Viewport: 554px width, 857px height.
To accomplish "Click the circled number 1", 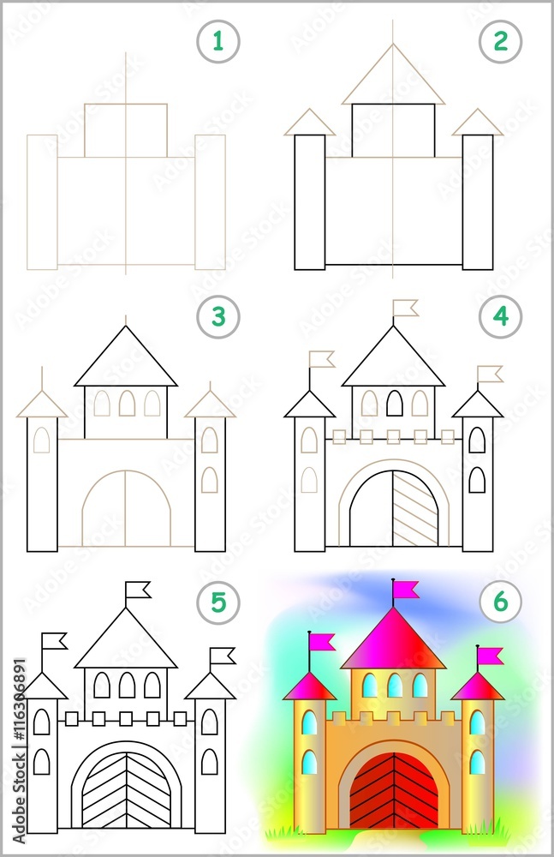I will (218, 42).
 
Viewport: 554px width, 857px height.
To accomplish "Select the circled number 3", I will (218, 317).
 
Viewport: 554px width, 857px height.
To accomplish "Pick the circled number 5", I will (218, 602).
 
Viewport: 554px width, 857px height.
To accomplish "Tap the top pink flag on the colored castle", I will (406, 589).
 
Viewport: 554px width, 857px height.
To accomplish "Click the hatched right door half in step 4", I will (415, 510).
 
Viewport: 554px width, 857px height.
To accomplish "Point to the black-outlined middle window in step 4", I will (394, 403).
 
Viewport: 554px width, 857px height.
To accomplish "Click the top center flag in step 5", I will (138, 590).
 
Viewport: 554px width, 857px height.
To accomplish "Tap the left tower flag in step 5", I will (55, 640).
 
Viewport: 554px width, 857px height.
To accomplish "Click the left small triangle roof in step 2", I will (309, 124).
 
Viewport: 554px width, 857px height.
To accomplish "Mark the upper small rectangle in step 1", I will (126, 130).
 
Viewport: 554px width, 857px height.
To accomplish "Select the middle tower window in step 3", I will (127, 403).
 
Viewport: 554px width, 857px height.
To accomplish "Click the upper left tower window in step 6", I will (309, 723).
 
